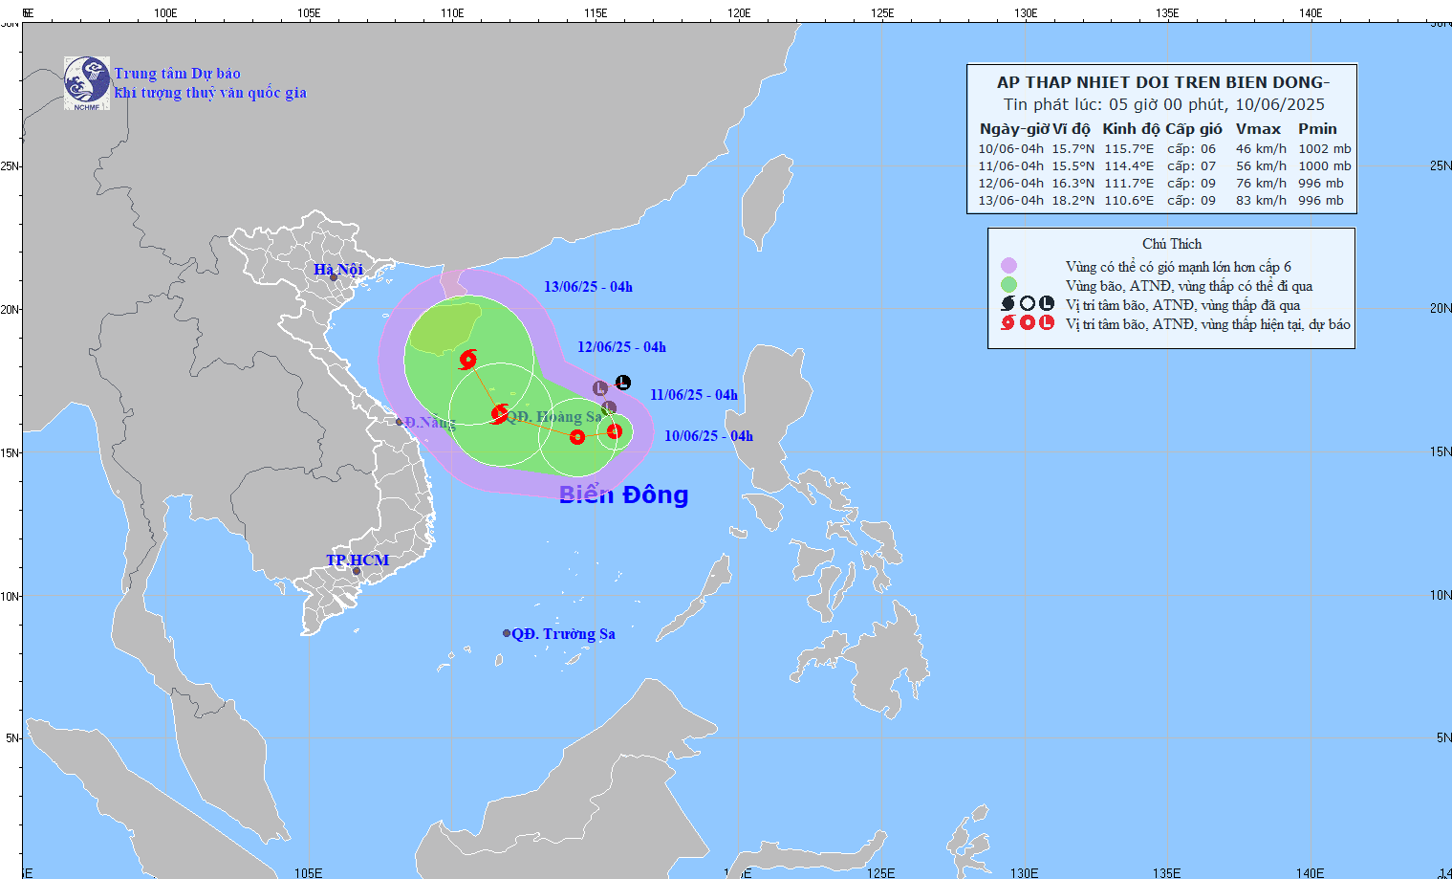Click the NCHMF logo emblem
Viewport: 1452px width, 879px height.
coord(87,83)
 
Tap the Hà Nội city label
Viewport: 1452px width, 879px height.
coord(338,270)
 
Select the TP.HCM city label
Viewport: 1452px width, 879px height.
coord(358,560)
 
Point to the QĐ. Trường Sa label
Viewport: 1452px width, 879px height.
coord(563,634)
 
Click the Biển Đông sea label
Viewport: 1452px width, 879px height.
coord(623,494)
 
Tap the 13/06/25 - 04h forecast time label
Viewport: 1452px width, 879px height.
coord(588,287)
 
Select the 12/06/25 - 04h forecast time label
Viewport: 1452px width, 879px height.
coord(621,347)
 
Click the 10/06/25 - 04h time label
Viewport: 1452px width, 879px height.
coord(708,436)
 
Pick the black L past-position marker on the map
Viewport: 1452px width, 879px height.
coord(623,383)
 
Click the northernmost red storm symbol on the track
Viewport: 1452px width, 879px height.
coord(468,360)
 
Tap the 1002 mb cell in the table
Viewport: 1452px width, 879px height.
coord(1324,149)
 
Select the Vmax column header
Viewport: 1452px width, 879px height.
coord(1258,129)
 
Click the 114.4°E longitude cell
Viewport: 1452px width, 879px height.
coord(1129,166)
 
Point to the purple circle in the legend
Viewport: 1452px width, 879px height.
coord(1008,266)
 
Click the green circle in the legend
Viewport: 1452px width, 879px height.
coord(1008,285)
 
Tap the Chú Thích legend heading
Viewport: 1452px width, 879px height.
coord(1172,244)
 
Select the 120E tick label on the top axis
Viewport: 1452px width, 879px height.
coord(739,13)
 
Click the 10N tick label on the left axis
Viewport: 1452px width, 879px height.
coord(10,596)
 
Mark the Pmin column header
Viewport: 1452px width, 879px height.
coord(1317,129)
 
